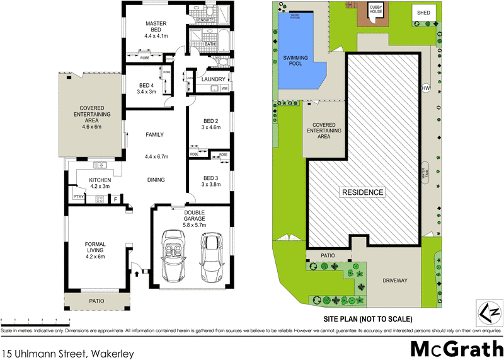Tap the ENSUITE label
pyautogui.click(x=206, y=20)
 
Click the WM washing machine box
pyautogui.click(x=224, y=88)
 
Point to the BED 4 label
pyautogui.click(x=146, y=86)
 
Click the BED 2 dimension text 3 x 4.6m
pyautogui.click(x=210, y=127)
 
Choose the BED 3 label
pyautogui.click(x=210, y=178)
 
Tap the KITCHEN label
pyautogui.click(x=100, y=180)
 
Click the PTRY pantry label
pyautogui.click(x=79, y=197)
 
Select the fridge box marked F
pyautogui.click(x=115, y=199)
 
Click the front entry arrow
pyautogui.click(x=137, y=274)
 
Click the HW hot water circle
pyautogui.click(x=425, y=88)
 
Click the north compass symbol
pyautogui.click(x=490, y=312)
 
